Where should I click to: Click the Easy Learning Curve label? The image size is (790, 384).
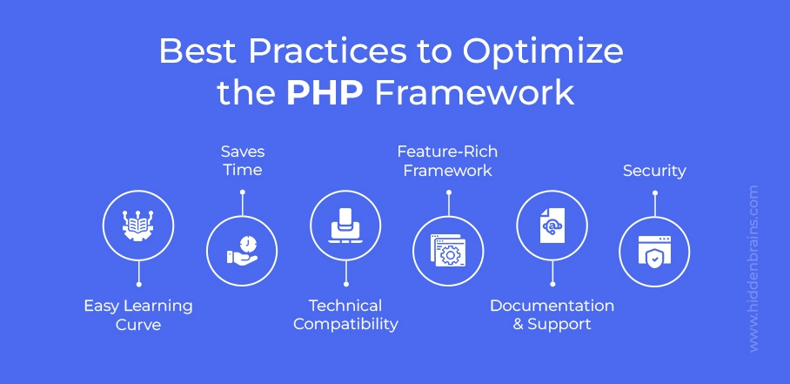138,315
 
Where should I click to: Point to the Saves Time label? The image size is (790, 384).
243,161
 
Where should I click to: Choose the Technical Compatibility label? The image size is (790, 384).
345,315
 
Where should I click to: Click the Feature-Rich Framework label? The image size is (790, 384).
447,161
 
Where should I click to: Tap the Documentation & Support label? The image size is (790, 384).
552,315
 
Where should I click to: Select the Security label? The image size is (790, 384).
654,171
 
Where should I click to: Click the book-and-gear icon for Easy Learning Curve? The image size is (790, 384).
137,226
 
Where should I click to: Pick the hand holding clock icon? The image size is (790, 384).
242,251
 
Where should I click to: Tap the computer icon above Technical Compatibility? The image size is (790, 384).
345,226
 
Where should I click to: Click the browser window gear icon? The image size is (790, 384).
447,251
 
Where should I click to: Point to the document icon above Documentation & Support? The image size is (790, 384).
552,226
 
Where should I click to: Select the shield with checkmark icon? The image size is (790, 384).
654,252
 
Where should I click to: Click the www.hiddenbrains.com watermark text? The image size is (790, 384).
753,268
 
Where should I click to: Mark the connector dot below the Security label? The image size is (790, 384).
654,192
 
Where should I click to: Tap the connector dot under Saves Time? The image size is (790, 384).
243,192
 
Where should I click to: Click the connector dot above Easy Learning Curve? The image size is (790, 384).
138,284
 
